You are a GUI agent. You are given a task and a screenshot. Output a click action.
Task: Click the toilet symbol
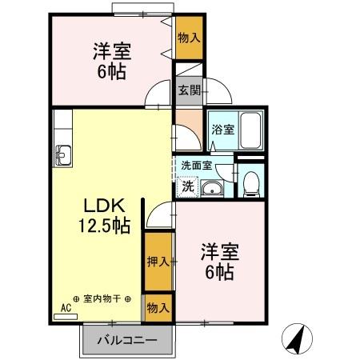250,182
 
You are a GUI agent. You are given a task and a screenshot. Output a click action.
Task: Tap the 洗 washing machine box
186,187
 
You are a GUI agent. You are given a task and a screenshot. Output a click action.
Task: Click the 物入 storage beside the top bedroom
189,38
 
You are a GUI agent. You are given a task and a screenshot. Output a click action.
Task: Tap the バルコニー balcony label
126,340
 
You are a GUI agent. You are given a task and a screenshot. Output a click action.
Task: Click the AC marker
66,306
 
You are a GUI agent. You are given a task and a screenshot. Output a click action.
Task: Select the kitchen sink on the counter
63,154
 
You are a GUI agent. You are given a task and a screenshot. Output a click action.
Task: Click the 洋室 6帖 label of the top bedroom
112,61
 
